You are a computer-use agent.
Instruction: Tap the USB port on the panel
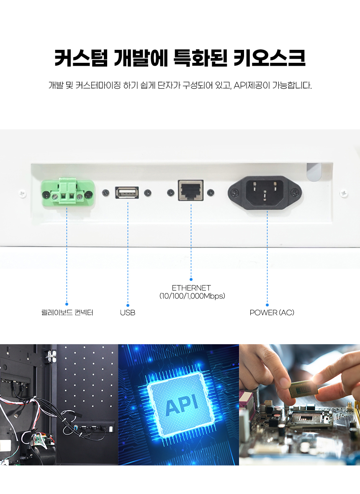tap(127, 193)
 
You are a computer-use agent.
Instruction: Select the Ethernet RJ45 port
tap(191, 190)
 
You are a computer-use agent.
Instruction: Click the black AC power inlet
tap(265, 193)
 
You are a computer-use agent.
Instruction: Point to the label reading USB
tap(128, 313)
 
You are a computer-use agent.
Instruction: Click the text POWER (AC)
tap(272, 313)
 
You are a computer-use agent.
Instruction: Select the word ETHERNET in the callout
tap(191, 288)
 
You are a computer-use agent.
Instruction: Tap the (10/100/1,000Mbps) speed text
tap(192, 296)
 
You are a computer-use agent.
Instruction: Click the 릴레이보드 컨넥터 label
tap(67, 313)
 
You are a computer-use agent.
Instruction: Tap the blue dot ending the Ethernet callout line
tap(191, 279)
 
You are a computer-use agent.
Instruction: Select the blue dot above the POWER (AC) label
tap(267, 305)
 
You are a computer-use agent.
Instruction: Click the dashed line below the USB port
tap(128, 251)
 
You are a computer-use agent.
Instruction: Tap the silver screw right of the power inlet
tap(344, 193)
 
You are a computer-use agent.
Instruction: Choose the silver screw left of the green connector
tap(23, 193)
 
